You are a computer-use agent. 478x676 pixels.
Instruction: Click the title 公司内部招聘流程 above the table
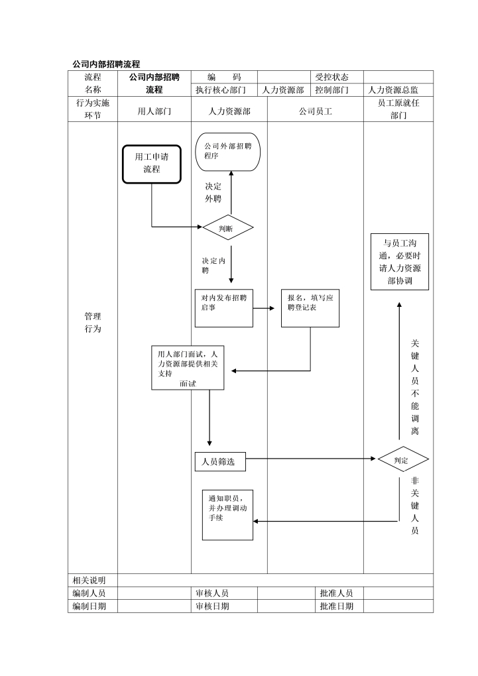106,64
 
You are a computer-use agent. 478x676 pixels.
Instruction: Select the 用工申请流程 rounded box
151,163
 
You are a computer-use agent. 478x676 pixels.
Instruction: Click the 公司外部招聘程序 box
227,151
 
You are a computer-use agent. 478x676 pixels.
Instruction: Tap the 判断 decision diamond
227,228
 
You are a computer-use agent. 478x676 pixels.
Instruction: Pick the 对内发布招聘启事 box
224,308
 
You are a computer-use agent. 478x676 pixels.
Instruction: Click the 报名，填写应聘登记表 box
310,308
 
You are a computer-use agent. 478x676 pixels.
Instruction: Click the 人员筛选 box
220,462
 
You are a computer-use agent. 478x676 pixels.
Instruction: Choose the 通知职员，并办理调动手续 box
227,514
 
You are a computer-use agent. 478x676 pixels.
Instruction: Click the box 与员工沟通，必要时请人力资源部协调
399,262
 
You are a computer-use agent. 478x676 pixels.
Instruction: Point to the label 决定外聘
213,192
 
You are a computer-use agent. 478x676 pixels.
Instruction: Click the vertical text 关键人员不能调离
415,387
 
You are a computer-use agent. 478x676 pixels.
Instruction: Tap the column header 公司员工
316,111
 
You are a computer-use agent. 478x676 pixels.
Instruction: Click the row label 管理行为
93,323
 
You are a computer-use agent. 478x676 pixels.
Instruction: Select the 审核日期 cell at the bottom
212,606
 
